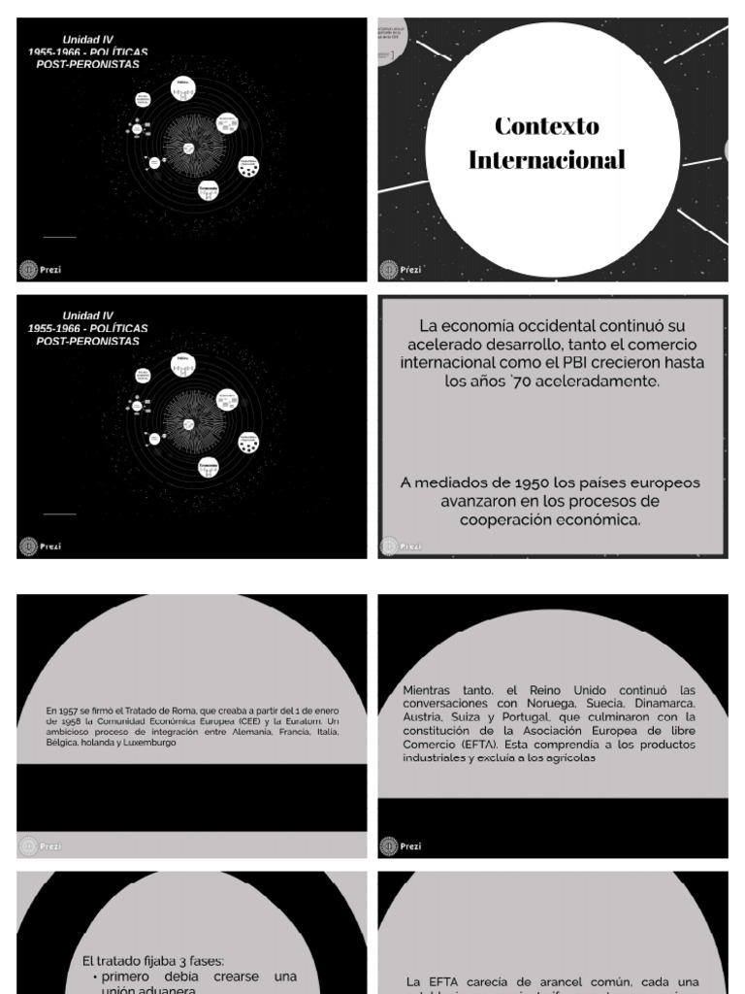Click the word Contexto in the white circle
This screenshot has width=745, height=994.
point(546,126)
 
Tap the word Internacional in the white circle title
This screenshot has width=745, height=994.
point(546,160)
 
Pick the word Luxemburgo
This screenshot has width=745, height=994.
point(148,743)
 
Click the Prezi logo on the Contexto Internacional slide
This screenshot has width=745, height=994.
point(389,269)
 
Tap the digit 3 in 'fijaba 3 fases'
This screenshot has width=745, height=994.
point(166,961)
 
